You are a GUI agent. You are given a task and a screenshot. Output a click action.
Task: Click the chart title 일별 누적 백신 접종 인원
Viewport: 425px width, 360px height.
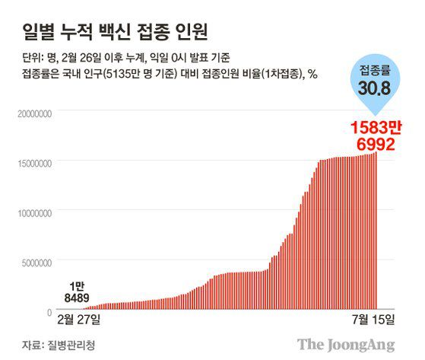(x=117, y=32)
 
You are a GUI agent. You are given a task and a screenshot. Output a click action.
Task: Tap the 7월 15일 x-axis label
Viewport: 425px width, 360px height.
(x=375, y=316)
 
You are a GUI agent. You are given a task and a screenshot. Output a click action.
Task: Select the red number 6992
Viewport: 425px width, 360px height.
(x=372, y=144)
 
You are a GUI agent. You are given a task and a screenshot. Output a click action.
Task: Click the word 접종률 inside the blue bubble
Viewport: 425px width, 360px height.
(x=376, y=72)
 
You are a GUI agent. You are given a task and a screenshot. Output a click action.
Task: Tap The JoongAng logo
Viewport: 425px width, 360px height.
(x=346, y=344)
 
